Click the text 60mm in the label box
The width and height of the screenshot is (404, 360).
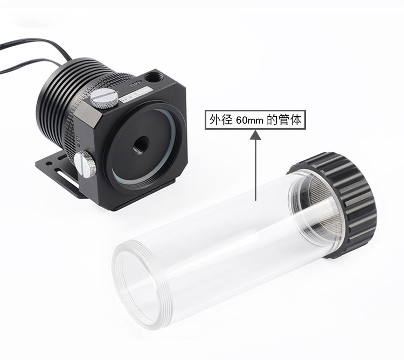pos(249,120)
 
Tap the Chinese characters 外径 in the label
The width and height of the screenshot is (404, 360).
pos(221,119)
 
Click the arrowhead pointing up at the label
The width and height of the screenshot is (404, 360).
pos(255,135)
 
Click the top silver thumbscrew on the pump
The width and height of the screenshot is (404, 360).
pos(105,98)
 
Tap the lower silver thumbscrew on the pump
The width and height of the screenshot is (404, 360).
pos(85,164)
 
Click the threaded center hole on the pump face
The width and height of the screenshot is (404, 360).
pos(141,145)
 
